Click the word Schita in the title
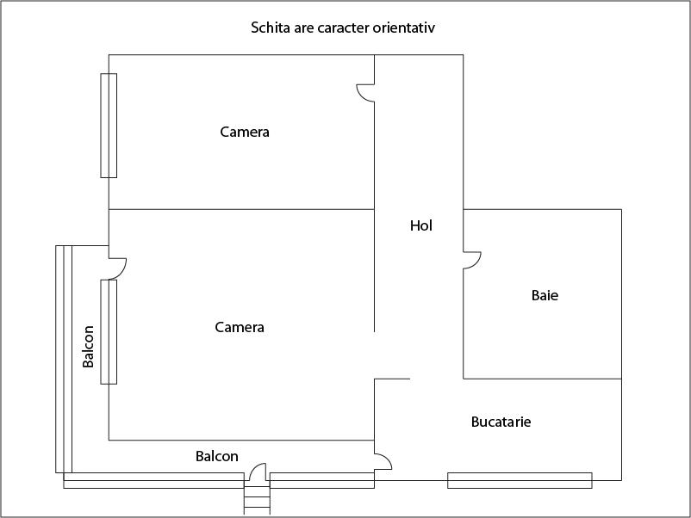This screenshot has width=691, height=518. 269,28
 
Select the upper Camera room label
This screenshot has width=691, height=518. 245,132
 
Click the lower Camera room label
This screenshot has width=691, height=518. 240,327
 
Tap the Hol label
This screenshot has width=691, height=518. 421,225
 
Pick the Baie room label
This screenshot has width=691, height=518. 545,295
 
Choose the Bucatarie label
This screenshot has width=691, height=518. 501,422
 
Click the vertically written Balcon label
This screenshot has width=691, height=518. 88,346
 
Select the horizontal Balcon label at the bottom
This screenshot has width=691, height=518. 217,456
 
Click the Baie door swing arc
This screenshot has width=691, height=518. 472,260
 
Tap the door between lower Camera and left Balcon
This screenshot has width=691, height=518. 118,268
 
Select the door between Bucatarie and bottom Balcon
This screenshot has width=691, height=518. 383,462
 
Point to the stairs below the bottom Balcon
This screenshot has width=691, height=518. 257,498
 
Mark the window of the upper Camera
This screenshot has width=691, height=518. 109,126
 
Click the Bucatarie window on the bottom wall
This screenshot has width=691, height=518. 520,480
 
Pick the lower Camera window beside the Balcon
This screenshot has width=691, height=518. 109,331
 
